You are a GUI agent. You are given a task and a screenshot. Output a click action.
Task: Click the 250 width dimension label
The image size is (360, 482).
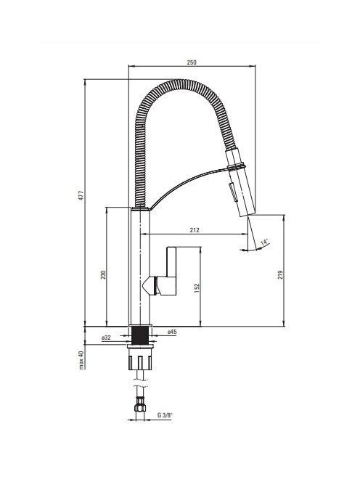point(191,62)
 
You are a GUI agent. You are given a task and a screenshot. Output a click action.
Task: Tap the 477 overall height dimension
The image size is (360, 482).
point(81,196)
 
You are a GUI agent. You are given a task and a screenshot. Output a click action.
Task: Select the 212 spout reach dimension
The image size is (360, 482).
point(195,230)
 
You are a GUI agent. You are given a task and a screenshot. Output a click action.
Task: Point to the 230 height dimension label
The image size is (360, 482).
point(103,274)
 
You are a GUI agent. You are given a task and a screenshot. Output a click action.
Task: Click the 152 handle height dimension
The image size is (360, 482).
point(197,287)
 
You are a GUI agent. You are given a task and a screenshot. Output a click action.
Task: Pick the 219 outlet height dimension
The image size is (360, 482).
point(280,274)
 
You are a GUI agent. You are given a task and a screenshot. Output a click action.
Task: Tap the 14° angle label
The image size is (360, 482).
point(264,242)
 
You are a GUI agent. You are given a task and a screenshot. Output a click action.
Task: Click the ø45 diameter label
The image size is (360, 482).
point(172,332)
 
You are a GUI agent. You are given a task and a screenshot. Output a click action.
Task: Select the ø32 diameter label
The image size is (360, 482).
point(106,338)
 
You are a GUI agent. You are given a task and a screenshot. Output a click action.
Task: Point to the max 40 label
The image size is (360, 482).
point(81,359)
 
